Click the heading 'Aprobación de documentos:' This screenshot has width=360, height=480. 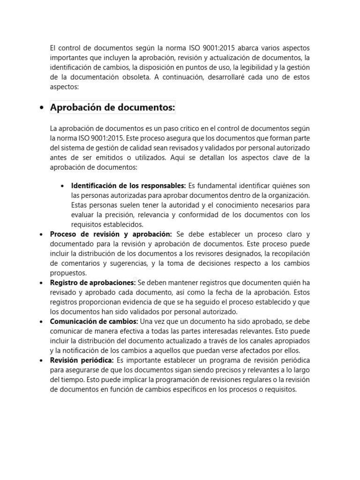[112, 108]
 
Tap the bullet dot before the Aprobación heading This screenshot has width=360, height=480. [41, 108]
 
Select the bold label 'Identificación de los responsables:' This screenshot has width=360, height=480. [128, 186]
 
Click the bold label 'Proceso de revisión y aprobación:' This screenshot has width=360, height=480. [111, 234]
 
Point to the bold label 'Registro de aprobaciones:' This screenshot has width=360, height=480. [93, 282]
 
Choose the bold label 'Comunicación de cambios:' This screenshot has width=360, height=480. [94, 321]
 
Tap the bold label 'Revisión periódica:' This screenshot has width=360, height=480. [82, 360]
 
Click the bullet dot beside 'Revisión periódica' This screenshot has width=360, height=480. [41, 360]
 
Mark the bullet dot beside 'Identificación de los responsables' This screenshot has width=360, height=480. [62, 186]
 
